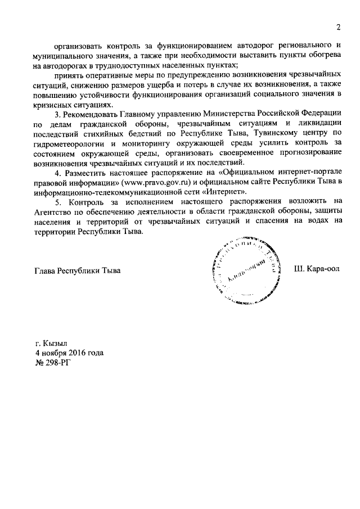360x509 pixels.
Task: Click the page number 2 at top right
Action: tap(339, 27)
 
